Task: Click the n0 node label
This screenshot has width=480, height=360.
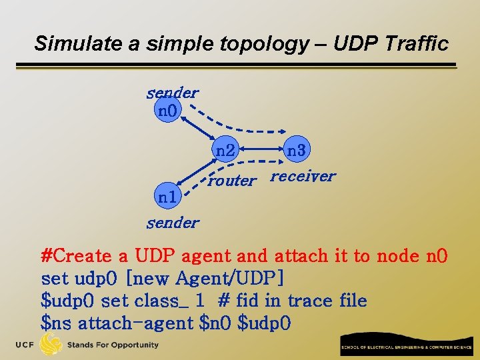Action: point(167,110)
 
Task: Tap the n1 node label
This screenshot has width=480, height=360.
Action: point(167,197)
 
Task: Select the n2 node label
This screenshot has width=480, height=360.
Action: point(225,151)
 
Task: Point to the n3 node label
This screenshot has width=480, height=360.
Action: point(296,151)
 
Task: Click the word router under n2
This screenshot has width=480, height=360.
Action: point(231,180)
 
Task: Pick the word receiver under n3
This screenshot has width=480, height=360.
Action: point(303,176)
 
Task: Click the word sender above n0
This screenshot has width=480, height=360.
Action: point(172,93)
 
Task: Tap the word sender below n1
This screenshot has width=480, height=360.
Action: point(173,223)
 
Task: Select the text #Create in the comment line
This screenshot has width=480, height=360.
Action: point(75,256)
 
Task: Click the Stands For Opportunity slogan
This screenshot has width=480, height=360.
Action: point(113,345)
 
